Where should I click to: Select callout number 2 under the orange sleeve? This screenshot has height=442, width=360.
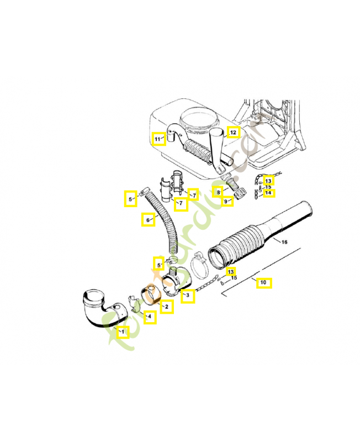[166, 306]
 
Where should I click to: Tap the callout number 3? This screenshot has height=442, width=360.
[188, 296]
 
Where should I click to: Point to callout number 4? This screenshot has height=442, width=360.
[149, 317]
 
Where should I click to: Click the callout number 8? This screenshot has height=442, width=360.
[219, 192]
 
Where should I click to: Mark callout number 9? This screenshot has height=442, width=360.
[226, 202]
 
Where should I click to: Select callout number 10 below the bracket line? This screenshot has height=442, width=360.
[263, 282]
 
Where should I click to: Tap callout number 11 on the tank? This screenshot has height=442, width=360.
[158, 138]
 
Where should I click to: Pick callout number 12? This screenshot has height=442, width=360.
[232, 132]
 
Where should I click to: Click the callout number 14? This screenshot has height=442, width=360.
[268, 193]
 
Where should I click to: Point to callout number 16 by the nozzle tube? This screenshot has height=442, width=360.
[284, 242]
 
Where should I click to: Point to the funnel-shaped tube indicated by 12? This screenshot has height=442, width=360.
[220, 149]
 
